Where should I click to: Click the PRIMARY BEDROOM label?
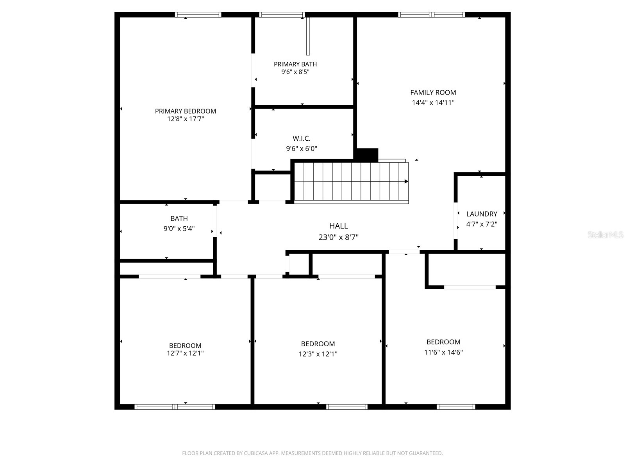click(185, 111)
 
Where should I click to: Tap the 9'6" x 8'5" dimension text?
click(295, 72)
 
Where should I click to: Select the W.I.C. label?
click(302, 138)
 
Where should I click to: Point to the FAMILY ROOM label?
click(433, 93)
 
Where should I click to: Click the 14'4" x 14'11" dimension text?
click(433, 103)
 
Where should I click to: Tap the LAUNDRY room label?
click(482, 214)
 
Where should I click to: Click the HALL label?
click(338, 226)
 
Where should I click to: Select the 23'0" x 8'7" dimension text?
click(338, 237)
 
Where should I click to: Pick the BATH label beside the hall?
click(179, 218)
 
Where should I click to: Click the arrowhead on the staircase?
click(406, 181)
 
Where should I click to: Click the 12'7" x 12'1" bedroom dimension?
click(185, 353)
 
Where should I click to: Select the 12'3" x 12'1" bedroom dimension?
click(318, 354)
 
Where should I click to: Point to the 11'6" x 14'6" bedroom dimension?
click(443, 352)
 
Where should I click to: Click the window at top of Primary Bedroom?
click(198, 15)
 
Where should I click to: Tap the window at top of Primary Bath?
click(282, 15)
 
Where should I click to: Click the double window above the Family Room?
click(432, 15)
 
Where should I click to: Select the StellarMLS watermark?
click(605, 235)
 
